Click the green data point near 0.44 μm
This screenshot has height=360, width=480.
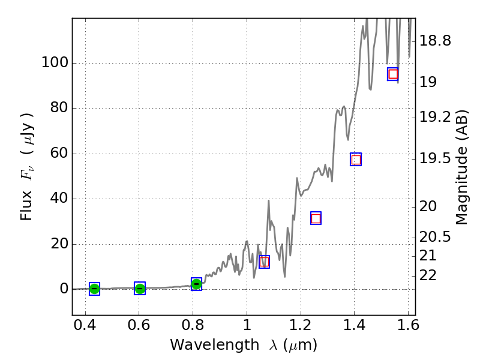click(94, 289)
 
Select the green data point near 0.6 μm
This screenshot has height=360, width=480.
click(140, 289)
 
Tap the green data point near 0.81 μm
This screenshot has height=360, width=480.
click(196, 284)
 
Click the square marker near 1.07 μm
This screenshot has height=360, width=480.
click(264, 262)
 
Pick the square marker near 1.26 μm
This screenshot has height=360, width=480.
click(316, 218)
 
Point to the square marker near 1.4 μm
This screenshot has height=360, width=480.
click(356, 159)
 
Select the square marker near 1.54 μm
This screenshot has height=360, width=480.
click(393, 74)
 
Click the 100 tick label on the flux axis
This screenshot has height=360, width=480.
click(54, 63)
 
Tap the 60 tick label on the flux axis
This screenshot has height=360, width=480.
click(58, 154)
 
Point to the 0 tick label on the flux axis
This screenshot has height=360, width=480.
click(62, 289)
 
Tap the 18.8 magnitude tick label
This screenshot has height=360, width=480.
click(435, 41)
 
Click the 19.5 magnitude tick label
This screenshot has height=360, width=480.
click(435, 158)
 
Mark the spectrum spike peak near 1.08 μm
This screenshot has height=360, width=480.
click(268, 200)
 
